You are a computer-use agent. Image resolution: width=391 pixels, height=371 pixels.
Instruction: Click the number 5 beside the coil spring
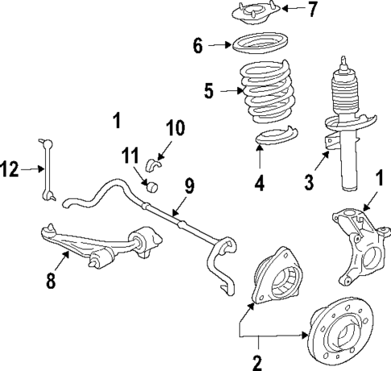pos(208,90)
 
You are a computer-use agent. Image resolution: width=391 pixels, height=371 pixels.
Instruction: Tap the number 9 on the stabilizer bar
pos(189,185)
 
